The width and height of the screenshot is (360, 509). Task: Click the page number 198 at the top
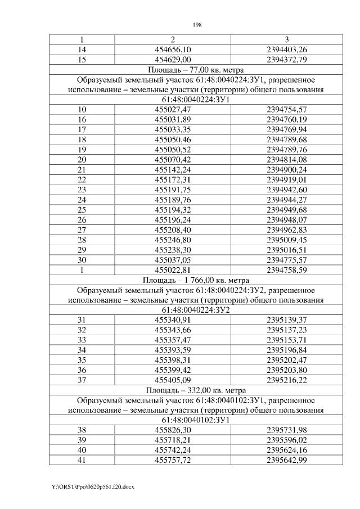(x=197, y=25)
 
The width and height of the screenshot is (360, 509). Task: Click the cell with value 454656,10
(x=173, y=49)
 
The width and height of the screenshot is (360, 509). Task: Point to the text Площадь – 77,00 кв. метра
(x=197, y=70)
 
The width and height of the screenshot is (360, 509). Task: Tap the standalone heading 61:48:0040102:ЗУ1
(x=197, y=420)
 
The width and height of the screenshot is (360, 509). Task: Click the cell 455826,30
(x=173, y=430)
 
